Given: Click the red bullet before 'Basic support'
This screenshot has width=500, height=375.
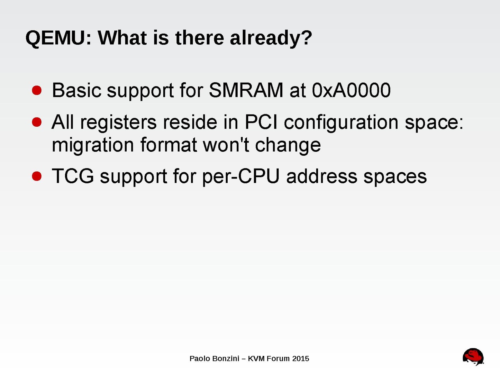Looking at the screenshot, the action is [37, 90].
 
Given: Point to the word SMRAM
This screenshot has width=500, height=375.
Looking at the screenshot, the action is [246, 90].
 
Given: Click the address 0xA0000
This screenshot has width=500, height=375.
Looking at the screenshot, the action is [351, 90].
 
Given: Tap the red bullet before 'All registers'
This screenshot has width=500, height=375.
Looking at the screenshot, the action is [37, 122].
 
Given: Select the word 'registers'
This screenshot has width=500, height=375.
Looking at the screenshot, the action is [119, 123].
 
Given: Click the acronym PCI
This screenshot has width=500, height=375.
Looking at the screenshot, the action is [261, 122].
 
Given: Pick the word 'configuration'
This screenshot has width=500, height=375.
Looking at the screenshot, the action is [341, 123].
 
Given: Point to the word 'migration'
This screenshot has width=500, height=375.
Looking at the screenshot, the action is [93, 146].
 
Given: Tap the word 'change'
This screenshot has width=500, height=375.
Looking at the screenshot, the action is [288, 146].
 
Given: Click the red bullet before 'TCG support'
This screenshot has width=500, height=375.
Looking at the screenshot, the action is [37, 176].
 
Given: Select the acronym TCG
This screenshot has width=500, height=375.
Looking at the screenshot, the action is [73, 176].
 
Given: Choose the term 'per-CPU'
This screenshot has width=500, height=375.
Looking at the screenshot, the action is [241, 177].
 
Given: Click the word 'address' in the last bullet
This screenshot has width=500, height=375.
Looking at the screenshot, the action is [322, 176].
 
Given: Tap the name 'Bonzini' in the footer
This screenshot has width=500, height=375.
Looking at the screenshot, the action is [226, 359].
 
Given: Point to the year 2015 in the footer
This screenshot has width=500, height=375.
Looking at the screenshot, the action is [301, 359].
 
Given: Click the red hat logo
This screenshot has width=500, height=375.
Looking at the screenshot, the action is [473, 357].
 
